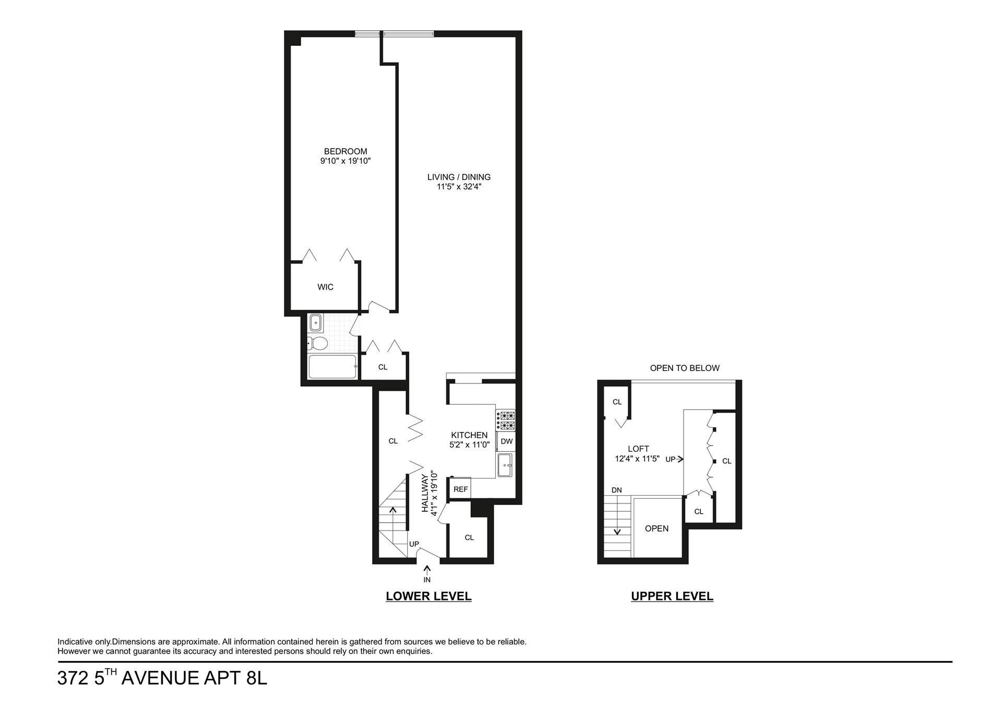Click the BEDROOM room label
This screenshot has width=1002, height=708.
click(x=345, y=152)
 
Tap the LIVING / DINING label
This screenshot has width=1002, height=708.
click(x=459, y=177)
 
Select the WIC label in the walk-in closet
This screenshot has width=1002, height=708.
click(x=325, y=287)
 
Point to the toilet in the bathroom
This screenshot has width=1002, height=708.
click(x=317, y=343)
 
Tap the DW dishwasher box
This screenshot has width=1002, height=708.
click(x=506, y=441)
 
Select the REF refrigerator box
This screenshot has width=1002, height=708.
click(x=460, y=489)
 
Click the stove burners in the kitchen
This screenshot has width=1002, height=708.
click(x=506, y=421)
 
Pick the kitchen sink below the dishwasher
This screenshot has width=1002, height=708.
click(x=505, y=465)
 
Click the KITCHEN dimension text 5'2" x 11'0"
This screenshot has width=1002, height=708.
click(x=469, y=445)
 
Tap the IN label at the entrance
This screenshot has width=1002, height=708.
click(x=427, y=580)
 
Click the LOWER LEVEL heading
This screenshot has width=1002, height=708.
click(x=428, y=596)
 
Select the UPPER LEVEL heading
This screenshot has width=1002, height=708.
click(x=672, y=596)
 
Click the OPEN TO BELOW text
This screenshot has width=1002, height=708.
click(x=684, y=368)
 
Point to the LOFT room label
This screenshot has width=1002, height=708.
click(x=638, y=449)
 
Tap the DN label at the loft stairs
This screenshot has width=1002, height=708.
click(x=616, y=490)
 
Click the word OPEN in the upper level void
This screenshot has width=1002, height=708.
click(x=657, y=529)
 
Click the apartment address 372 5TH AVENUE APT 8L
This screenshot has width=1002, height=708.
click(x=162, y=678)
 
